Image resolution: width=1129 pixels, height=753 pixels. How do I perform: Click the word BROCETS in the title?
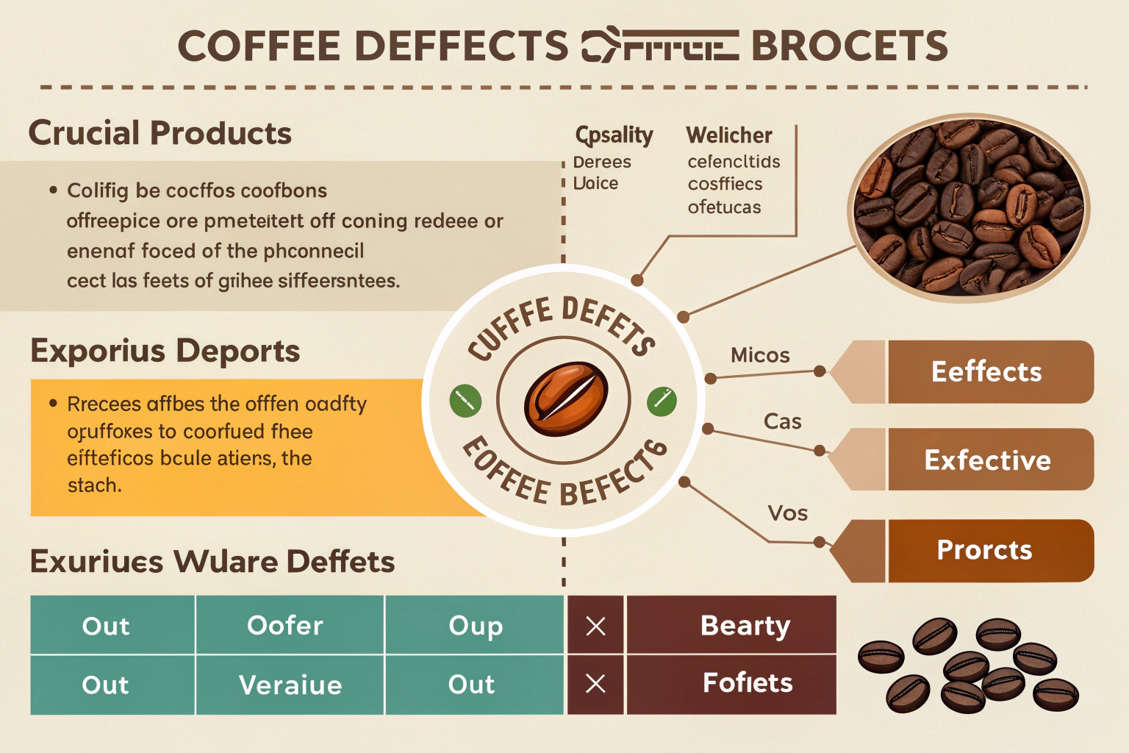pyautogui.click(x=849, y=46)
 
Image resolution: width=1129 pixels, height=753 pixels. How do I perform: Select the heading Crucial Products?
pyautogui.click(x=160, y=133)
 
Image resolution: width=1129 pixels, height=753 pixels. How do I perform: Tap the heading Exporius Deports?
pyautogui.click(x=165, y=351)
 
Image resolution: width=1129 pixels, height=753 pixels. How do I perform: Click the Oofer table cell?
pyautogui.click(x=286, y=625)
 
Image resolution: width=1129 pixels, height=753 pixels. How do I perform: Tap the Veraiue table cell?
pyautogui.click(x=290, y=685)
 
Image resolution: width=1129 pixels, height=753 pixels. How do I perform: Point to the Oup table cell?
pyautogui.click(x=475, y=625)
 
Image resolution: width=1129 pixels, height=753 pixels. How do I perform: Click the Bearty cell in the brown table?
pyautogui.click(x=745, y=625)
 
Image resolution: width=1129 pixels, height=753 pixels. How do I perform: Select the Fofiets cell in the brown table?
pyautogui.click(x=747, y=683)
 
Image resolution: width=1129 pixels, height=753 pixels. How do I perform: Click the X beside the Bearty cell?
pyautogui.click(x=595, y=626)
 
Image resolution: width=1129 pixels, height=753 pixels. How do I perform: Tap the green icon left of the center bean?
pyautogui.click(x=465, y=401)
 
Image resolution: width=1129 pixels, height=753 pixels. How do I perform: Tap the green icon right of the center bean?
pyautogui.click(x=662, y=401)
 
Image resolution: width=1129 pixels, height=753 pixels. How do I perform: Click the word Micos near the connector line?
pyautogui.click(x=760, y=355)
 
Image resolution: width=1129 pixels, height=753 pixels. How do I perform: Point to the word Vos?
pyautogui.click(x=787, y=513)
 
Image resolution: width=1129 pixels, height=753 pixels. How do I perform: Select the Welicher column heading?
pyautogui.click(x=728, y=135)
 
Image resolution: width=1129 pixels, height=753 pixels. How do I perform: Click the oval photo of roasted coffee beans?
pyautogui.click(x=968, y=207)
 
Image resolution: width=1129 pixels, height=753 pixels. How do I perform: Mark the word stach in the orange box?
pyautogui.click(x=94, y=485)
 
